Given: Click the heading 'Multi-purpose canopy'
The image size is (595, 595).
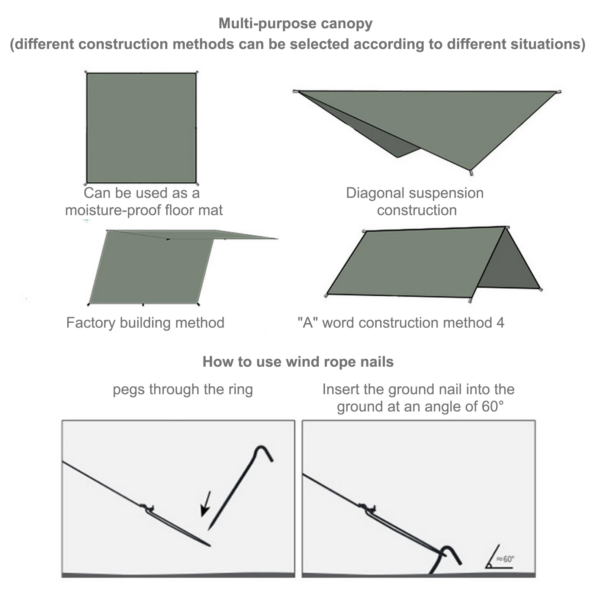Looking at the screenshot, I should [x=295, y=23].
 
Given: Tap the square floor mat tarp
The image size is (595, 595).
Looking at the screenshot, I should [x=141, y=128].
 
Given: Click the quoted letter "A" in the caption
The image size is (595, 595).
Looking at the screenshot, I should [x=308, y=322].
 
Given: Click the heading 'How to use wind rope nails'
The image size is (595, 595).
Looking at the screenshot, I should [x=298, y=361].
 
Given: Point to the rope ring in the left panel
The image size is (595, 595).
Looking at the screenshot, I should [x=148, y=508].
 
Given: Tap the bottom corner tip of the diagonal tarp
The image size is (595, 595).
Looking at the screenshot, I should [x=471, y=172].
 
